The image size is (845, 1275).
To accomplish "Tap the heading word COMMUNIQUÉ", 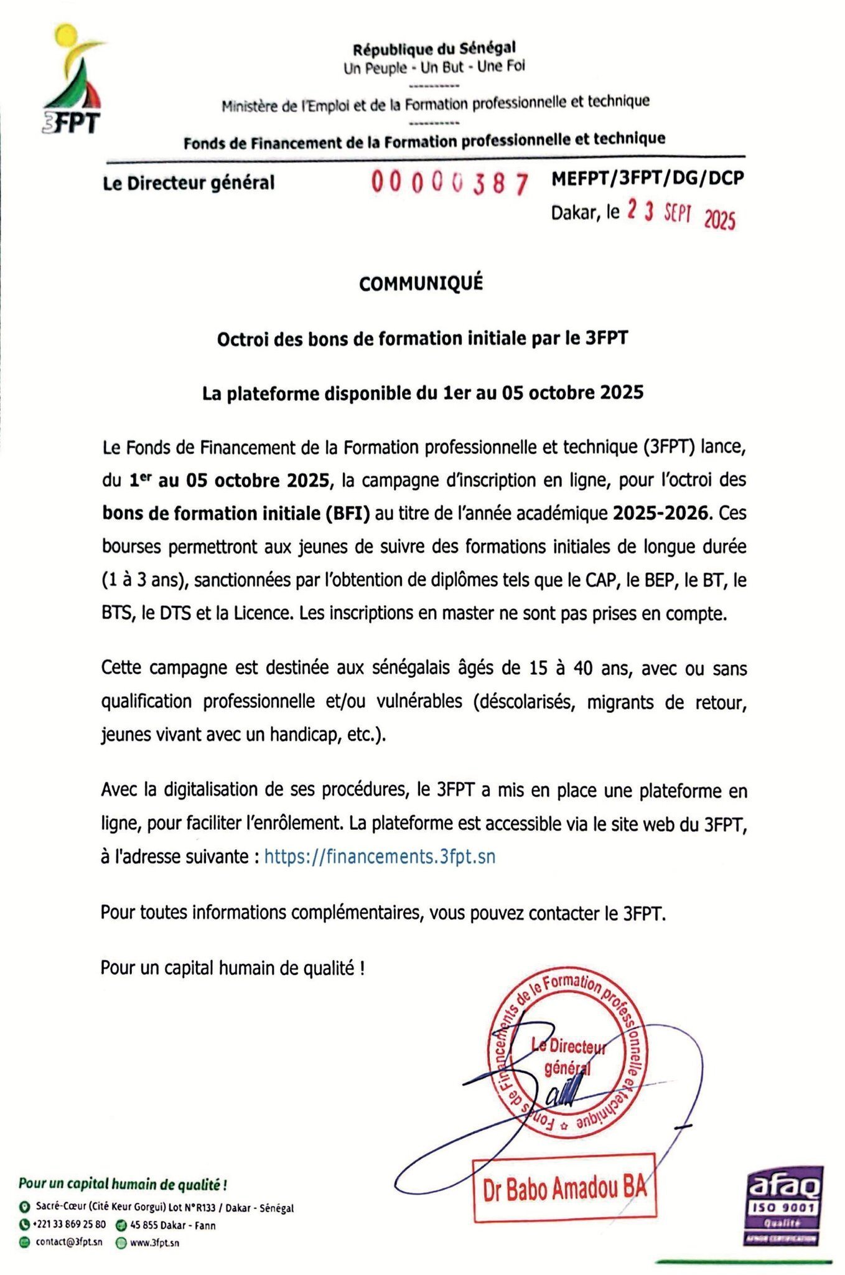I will pyautogui.click(x=421, y=284).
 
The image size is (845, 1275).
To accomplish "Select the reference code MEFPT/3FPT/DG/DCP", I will pyautogui.click(x=648, y=179).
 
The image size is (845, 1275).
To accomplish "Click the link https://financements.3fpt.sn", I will pyautogui.click(x=380, y=857).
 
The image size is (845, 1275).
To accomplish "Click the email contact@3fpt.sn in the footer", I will pyautogui.click(x=69, y=1242).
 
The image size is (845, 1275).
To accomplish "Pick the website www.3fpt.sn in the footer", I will pyautogui.click(x=154, y=1243).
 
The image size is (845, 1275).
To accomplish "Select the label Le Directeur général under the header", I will pyautogui.click(x=189, y=183).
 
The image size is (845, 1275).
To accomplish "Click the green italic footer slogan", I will pyautogui.click(x=123, y=1183).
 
